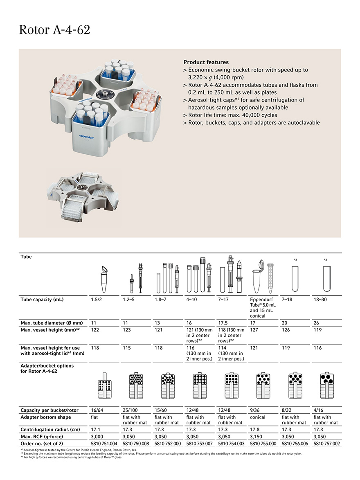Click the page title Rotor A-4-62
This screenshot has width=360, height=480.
(54, 30)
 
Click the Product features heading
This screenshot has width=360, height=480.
(206, 62)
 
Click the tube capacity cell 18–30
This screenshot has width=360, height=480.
(320, 300)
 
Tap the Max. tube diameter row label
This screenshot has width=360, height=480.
(52, 323)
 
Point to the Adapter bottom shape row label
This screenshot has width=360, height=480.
(45, 417)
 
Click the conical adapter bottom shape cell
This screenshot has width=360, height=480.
(258, 417)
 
